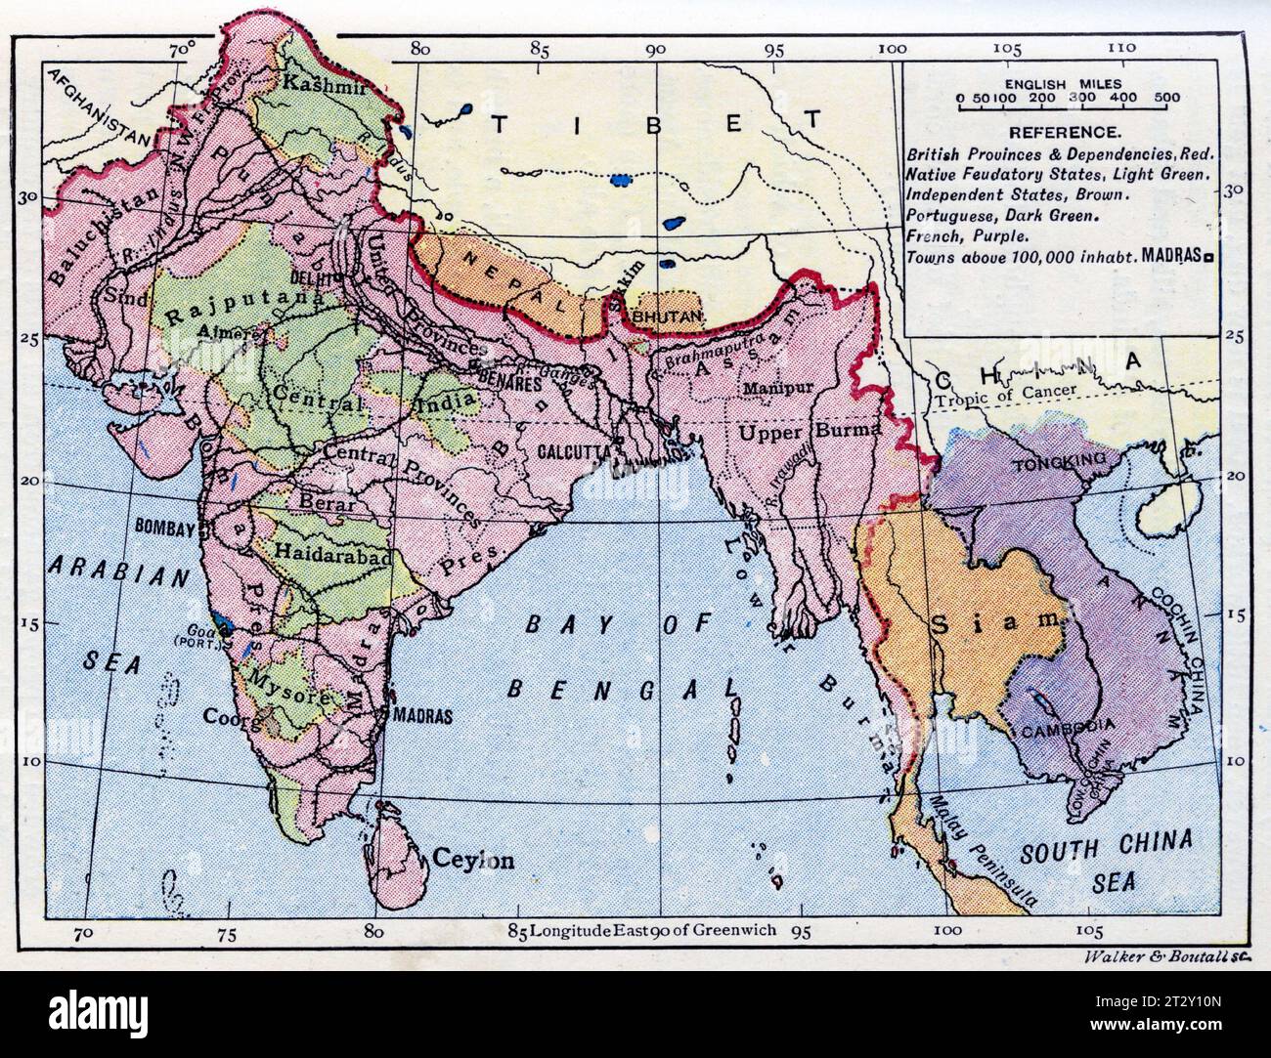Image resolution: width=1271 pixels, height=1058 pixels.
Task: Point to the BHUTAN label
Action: tap(667, 317)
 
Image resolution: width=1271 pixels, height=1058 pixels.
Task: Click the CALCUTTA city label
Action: tap(574, 451)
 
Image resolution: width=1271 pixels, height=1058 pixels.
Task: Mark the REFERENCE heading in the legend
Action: tap(1051, 132)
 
